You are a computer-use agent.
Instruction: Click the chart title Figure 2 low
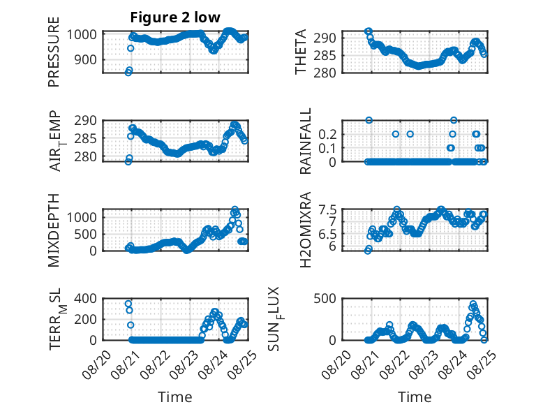pos(175,17)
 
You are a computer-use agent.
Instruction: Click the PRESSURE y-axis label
pos(54,52)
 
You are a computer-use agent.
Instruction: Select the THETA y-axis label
pos(301,52)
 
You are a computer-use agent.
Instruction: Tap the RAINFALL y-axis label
pos(306,141)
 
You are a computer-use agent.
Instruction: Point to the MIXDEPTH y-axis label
pos(54,230)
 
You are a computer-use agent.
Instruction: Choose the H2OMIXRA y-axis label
pos(306,230)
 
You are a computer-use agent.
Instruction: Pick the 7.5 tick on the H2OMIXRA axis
pos(327,210)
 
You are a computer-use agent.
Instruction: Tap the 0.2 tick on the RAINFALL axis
pos(327,135)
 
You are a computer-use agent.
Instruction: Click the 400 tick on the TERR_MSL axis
pos(86,299)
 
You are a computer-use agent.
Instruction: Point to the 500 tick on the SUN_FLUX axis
pos(325,299)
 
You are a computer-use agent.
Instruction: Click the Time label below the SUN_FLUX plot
pos(415,397)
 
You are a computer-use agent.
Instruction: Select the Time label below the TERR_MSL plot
pos(175,397)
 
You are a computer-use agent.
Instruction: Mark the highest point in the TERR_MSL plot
pos(128,304)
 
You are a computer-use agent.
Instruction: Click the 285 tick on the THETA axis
pos(325,55)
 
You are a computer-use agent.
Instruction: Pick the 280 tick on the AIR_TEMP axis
pos(86,157)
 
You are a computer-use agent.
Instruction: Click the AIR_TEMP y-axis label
pos(56,141)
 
